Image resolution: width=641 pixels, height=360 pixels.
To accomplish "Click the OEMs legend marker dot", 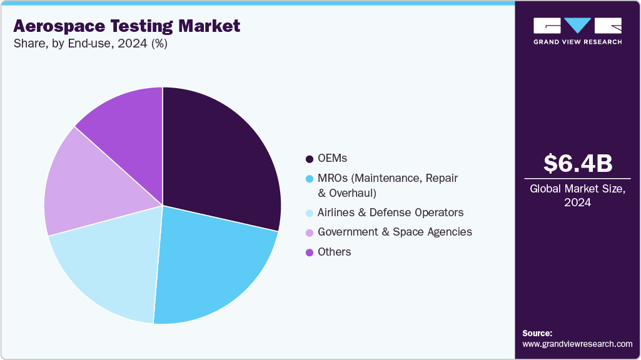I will click(x=309, y=159).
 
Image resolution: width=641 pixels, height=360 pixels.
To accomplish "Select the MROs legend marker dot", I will click(x=309, y=179).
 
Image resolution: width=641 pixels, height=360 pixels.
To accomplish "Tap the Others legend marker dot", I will click(x=309, y=252).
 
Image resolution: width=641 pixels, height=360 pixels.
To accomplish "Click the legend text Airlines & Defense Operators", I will click(x=390, y=212).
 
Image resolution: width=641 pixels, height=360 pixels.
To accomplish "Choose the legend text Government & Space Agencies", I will click(x=395, y=232).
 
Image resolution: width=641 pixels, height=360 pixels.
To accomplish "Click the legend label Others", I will click(x=334, y=252).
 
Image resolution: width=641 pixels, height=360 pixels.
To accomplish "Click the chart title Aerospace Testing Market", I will click(x=126, y=26).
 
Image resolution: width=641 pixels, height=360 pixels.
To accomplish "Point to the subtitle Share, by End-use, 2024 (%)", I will click(x=90, y=44).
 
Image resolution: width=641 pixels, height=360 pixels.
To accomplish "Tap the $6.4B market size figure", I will click(x=577, y=163).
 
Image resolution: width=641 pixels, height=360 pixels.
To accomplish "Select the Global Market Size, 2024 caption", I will click(x=577, y=195).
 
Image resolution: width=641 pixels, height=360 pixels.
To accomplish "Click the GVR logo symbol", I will click(x=577, y=26).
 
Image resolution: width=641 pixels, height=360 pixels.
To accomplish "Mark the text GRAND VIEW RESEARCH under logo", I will click(x=577, y=42).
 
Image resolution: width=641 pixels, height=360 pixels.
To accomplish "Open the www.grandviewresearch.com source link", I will click(x=577, y=344).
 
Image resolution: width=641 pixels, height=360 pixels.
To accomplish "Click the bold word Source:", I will click(x=537, y=333).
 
